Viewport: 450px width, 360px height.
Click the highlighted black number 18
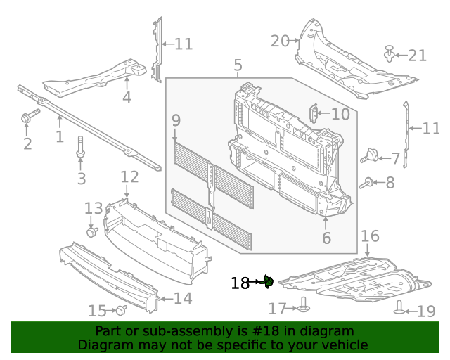tap(240, 283)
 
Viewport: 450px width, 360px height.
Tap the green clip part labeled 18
tap(268, 282)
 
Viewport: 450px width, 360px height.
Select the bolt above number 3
tap(80, 150)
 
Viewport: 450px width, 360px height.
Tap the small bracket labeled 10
tap(314, 112)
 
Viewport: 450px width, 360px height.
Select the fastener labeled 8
tap(367, 184)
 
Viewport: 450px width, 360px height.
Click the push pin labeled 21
tap(389, 53)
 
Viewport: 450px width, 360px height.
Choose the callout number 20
tap(280, 41)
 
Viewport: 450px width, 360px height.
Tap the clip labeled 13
tap(92, 231)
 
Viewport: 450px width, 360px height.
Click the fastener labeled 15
tap(120, 309)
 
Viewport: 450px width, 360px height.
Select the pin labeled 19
tap(400, 307)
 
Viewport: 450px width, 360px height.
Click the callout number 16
tap(370, 236)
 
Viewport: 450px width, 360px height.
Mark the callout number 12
tap(129, 176)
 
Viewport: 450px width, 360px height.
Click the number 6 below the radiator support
tap(326, 238)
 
